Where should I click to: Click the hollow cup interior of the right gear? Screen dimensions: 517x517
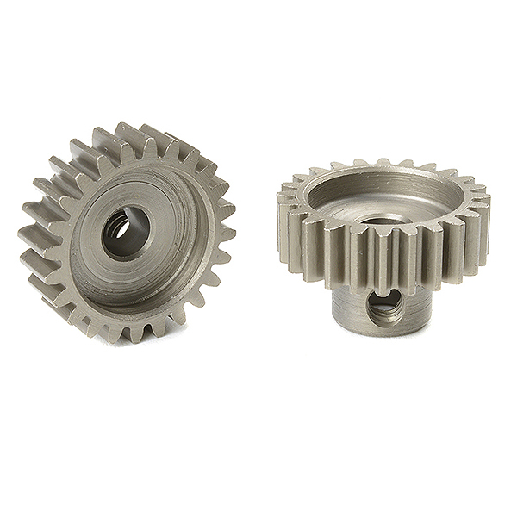click(x=379, y=194)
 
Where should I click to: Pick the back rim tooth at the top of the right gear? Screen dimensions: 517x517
click(x=379, y=162)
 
